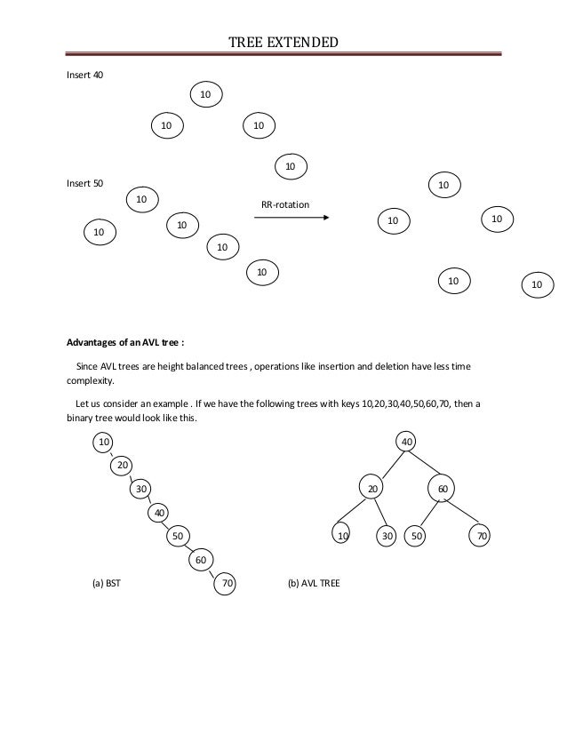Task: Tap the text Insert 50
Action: click(x=85, y=183)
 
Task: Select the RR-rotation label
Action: click(x=285, y=205)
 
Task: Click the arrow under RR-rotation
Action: click(x=291, y=218)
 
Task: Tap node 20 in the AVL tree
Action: click(x=374, y=488)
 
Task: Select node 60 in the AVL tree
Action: click(x=442, y=488)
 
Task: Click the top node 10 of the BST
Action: click(x=105, y=441)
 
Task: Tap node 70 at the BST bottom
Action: click(x=228, y=584)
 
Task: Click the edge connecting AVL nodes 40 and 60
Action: click(x=426, y=464)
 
